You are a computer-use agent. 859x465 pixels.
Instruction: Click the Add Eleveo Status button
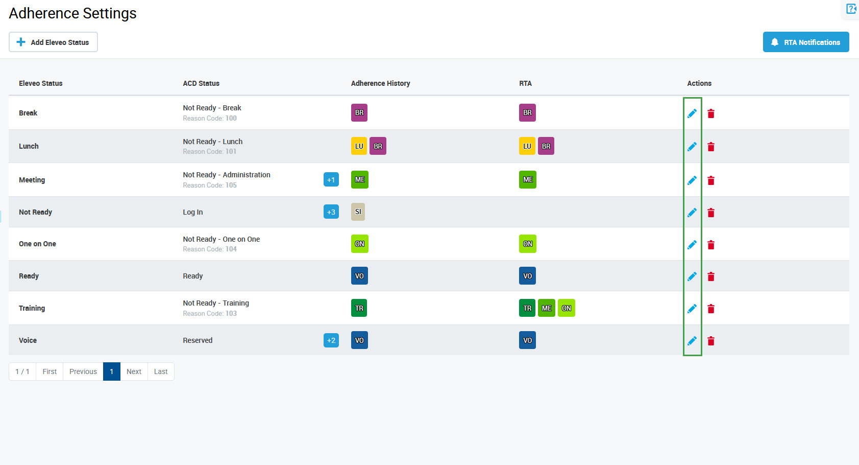coord(53,42)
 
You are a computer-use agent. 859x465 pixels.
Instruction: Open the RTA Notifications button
coord(805,42)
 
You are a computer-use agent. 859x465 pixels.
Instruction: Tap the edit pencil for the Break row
coord(692,113)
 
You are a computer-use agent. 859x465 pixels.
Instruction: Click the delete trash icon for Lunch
coord(710,147)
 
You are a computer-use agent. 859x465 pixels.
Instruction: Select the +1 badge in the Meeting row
coord(331,180)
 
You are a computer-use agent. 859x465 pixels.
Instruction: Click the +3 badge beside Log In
coord(331,212)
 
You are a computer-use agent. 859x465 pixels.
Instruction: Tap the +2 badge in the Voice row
coord(331,340)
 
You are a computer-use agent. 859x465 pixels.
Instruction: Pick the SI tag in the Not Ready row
coord(358,212)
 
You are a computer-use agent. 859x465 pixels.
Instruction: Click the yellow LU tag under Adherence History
coord(359,146)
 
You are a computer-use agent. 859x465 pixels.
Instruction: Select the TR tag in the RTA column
coord(527,308)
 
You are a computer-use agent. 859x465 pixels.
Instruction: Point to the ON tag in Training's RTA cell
coord(566,308)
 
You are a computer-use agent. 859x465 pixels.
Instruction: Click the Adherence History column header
coord(380,83)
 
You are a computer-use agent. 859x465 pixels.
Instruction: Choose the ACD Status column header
coord(201,83)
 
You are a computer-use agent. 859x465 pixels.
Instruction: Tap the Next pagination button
coord(134,371)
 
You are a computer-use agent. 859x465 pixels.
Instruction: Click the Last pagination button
coord(161,371)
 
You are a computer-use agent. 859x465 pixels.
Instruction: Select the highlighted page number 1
coord(111,371)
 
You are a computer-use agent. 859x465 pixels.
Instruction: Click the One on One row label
coord(37,244)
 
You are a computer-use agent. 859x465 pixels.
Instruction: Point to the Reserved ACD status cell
coord(198,340)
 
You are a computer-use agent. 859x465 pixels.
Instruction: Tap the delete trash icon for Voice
coord(710,341)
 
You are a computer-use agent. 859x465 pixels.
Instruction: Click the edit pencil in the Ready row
coord(692,276)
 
